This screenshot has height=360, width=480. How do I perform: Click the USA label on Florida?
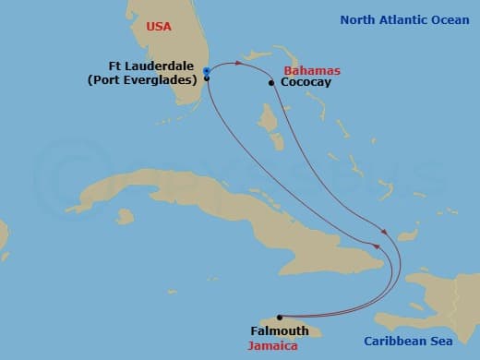tap(161, 27)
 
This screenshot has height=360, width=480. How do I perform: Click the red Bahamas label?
tap(312, 71)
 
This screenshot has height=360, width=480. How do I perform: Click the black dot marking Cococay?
tap(271, 83)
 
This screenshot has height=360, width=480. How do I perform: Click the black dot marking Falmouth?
tap(279, 317)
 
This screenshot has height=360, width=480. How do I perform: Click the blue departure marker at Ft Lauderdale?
tap(207, 70)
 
